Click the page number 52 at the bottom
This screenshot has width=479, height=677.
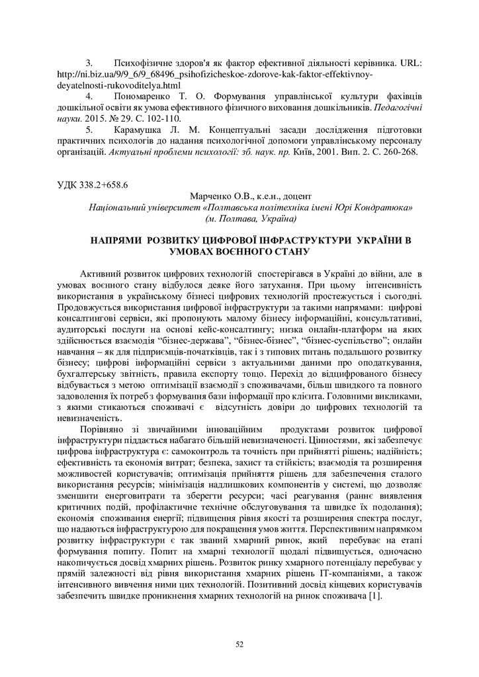point(239,643)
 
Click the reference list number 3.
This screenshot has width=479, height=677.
point(89,64)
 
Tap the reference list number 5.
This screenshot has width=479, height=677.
point(89,129)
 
